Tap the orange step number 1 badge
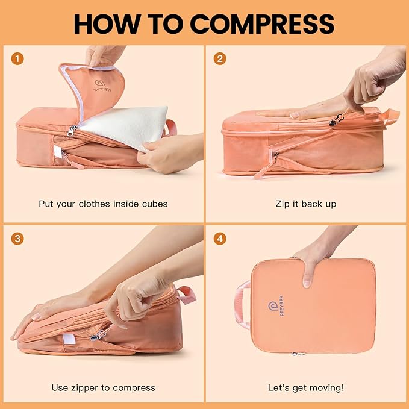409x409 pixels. [x=18, y=59]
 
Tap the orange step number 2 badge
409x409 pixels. [x=220, y=59]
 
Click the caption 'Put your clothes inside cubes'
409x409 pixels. [x=103, y=204]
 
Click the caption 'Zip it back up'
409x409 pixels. [x=306, y=204]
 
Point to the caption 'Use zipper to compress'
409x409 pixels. [x=103, y=387]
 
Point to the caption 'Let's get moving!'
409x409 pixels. [x=306, y=387]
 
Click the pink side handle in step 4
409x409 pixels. [x=242, y=304]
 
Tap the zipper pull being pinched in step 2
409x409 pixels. [x=333, y=121]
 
